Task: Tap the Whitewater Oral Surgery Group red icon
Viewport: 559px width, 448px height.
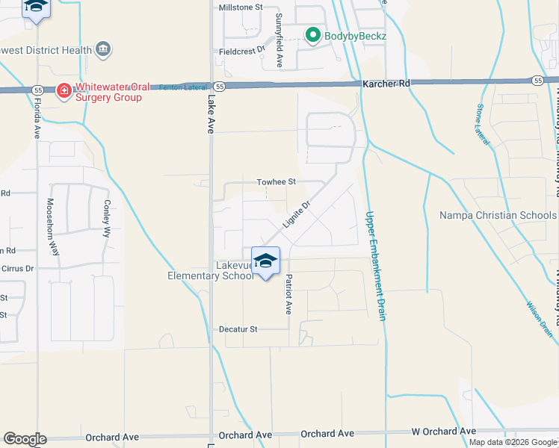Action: pos(64,91)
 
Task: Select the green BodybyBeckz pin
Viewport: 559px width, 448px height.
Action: pos(313,34)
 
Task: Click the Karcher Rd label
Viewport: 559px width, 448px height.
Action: pos(386,84)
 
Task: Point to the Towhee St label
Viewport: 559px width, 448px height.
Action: pos(277,181)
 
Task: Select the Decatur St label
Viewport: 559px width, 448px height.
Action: pos(238,329)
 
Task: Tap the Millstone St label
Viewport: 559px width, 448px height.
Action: pos(241,7)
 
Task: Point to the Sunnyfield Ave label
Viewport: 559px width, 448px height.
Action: pos(279,40)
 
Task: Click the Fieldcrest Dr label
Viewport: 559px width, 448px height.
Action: pos(242,50)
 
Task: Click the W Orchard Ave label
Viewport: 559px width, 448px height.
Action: pos(443,432)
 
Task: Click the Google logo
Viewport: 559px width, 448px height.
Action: pos(25,439)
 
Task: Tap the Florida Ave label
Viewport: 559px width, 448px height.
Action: pos(36,117)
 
